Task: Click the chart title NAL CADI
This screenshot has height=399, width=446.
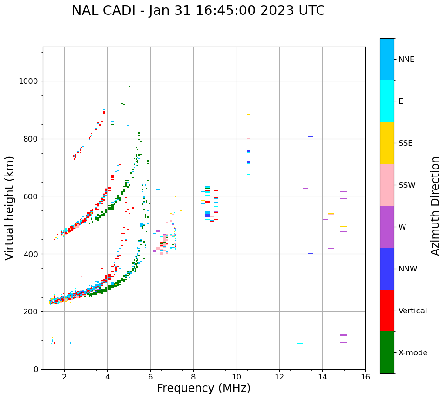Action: click(x=198, y=11)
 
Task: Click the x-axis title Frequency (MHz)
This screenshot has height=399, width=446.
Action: click(x=203, y=388)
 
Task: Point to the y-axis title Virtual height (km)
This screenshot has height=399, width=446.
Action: click(x=10, y=208)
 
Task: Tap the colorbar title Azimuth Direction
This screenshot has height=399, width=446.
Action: click(x=435, y=206)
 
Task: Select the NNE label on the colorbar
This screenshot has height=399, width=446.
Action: click(x=406, y=60)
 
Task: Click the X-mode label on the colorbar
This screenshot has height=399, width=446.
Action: click(x=412, y=353)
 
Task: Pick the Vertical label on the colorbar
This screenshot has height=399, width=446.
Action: click(x=412, y=311)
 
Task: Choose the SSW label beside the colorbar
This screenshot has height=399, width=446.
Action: click(x=407, y=185)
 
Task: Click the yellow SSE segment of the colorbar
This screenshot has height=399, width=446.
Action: click(x=387, y=143)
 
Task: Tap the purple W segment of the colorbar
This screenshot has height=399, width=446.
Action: click(x=387, y=227)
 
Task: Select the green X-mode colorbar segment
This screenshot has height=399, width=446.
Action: click(x=387, y=352)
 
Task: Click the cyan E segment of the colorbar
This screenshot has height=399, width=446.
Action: click(x=387, y=101)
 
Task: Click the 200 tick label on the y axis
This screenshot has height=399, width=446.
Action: click(x=31, y=312)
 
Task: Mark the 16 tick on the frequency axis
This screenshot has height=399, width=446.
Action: click(x=365, y=377)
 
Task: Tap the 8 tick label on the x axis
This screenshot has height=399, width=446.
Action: click(x=193, y=377)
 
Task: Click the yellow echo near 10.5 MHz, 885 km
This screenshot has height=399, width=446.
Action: click(x=248, y=115)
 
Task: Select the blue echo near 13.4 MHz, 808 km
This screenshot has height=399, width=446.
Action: click(x=310, y=136)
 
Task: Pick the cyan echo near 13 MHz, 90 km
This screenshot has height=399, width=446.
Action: click(x=299, y=343)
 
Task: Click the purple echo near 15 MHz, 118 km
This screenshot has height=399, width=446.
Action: click(x=344, y=335)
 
